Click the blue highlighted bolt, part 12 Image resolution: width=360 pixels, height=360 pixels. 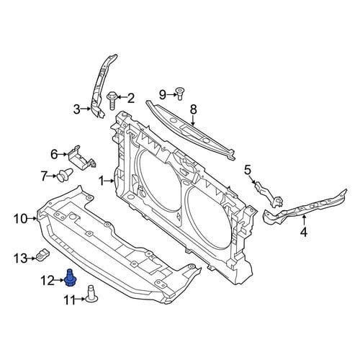point(69,278)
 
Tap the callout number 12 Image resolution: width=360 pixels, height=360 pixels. point(48,281)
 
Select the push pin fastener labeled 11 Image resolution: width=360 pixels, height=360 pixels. point(91,293)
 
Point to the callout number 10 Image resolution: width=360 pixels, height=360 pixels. point(21,219)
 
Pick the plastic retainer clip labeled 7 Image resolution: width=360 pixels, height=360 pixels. point(65,175)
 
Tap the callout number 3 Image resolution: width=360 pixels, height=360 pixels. point(76,109)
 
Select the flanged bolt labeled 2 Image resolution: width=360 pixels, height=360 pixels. point(112,100)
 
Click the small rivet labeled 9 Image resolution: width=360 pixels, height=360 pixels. point(179,94)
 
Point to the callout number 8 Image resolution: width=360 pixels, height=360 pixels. point(194,109)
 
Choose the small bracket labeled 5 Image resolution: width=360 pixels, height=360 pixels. point(269,194)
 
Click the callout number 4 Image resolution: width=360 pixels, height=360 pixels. point(304,232)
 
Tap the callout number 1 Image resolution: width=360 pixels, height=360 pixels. point(102,181)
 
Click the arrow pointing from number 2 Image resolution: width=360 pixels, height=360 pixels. point(122,97)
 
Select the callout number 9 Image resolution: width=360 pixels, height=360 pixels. point(163,95)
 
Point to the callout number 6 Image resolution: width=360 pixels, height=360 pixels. point(54,154)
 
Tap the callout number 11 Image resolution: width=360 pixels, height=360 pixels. point(69,300)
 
